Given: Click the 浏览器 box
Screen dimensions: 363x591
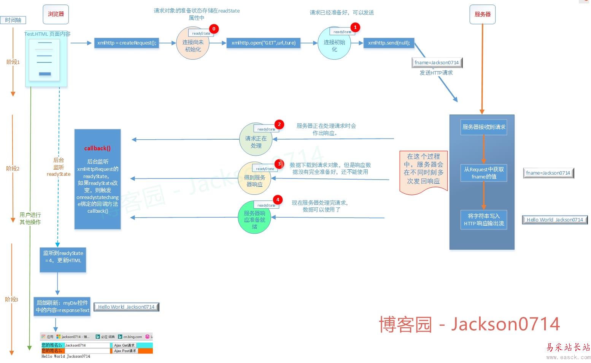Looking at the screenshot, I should (56, 14).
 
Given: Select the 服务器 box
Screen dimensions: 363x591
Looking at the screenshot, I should (482, 14).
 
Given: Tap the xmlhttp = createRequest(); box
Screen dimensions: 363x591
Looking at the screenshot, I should (127, 43).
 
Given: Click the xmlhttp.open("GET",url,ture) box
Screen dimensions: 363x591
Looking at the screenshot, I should (263, 43).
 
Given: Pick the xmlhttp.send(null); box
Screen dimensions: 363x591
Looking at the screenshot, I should (389, 43).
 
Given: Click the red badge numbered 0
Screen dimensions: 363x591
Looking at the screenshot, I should (214, 29).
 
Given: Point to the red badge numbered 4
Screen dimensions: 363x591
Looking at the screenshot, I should (278, 200).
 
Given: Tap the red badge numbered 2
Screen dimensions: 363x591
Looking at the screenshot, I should (279, 124).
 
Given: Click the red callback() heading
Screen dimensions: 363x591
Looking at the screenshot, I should (97, 148).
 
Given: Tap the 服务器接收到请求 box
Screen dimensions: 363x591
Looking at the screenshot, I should (484, 127).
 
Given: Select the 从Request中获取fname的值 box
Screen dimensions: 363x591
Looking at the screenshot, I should (484, 173).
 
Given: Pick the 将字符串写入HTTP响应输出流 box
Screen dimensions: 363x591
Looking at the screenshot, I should (484, 220).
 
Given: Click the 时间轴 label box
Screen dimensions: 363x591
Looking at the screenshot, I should (13, 20).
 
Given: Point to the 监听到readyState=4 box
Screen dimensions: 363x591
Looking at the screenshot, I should (63, 257).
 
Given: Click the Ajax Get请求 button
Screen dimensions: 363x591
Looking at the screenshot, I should (124, 345).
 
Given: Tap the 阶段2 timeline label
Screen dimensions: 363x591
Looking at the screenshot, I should (13, 169).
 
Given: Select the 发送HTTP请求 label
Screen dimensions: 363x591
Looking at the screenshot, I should (436, 73).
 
